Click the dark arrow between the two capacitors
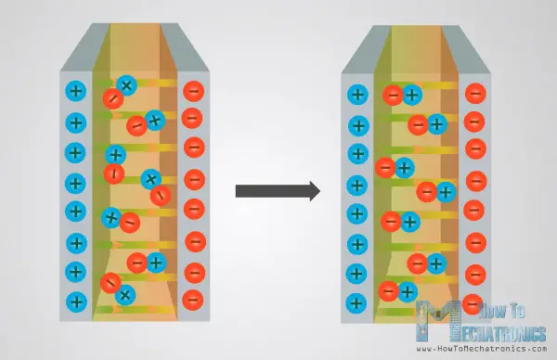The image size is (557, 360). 277,191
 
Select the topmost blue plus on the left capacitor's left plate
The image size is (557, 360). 76,91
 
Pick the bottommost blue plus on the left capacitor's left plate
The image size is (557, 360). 76,301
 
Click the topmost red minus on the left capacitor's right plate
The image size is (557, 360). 194,91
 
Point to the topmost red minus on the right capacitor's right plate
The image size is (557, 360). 475,93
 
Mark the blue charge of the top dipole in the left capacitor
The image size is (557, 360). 127,85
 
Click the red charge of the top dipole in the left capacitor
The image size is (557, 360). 112,97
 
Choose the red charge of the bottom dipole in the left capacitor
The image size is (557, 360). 110,282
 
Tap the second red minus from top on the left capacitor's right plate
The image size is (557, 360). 194,119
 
